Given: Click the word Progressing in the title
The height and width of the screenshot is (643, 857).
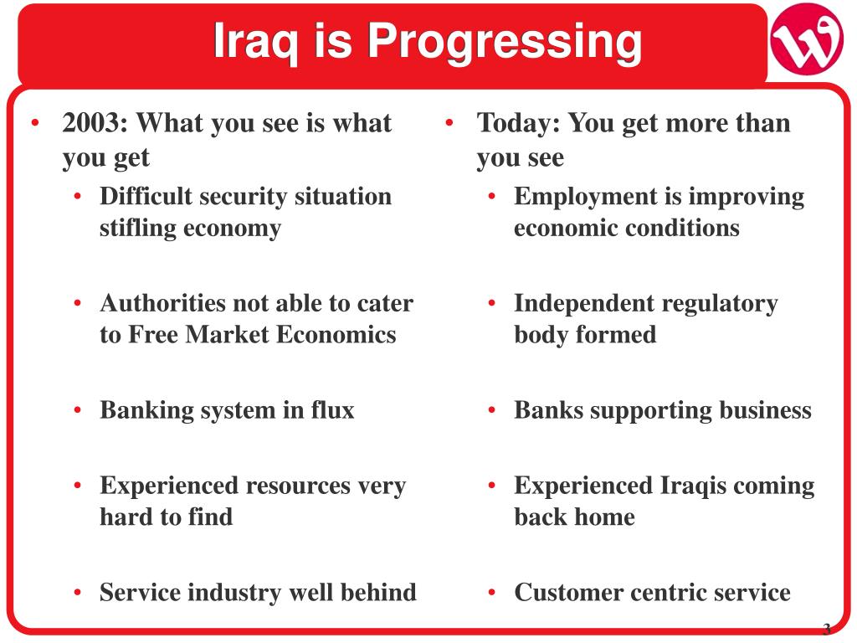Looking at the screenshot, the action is (x=505, y=42).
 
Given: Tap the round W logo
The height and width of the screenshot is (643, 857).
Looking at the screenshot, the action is (x=807, y=39).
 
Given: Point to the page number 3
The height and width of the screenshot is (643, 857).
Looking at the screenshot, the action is (x=826, y=629).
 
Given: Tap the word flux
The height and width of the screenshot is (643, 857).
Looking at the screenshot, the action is (x=333, y=409).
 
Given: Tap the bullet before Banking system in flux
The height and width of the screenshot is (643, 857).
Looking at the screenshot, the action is (x=78, y=410).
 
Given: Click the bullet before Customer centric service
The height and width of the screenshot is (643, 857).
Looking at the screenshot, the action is (x=492, y=593).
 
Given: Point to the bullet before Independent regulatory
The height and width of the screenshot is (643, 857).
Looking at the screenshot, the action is (x=492, y=303).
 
